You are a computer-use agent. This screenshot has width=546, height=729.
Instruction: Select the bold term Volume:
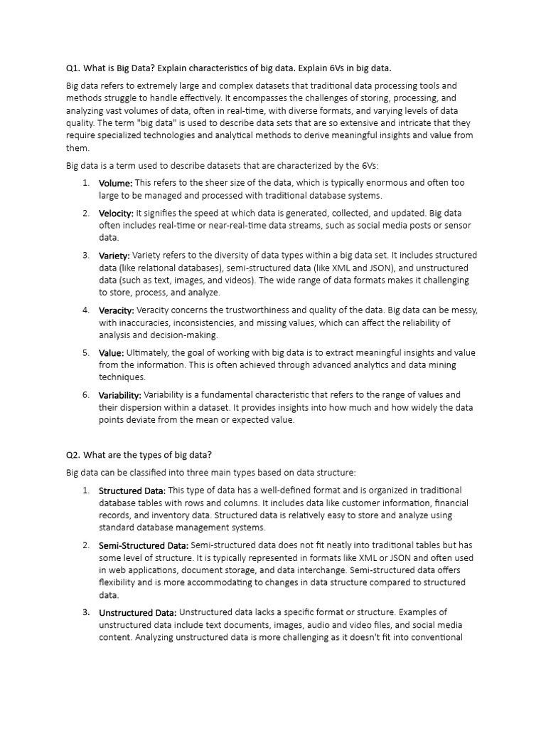point(115,183)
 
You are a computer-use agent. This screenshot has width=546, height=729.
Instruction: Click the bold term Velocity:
point(116,213)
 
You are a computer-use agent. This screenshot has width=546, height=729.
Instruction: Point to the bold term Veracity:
point(116,310)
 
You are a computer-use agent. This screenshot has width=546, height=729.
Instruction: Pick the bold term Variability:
point(120,394)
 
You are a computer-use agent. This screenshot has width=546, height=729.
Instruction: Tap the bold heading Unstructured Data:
point(137,612)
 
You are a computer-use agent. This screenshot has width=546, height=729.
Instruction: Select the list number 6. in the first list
point(85,394)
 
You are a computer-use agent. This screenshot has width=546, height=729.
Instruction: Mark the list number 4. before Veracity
point(85,310)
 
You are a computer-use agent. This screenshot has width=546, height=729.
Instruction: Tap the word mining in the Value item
point(441,365)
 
